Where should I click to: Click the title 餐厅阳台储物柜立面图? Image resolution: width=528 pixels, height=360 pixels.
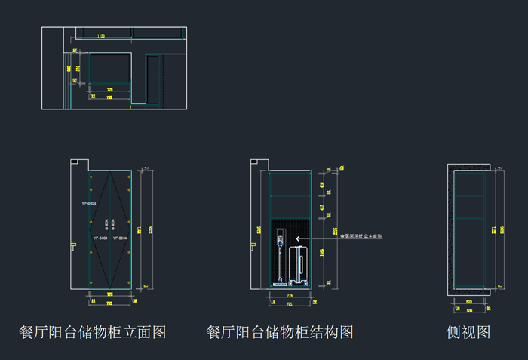point(92,332)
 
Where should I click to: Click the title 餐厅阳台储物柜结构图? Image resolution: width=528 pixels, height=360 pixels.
point(280,332)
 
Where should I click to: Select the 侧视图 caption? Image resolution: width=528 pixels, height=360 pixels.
point(468,332)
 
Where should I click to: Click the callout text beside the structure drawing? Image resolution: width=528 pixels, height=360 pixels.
point(361,237)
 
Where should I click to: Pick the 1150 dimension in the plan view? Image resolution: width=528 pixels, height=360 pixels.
point(101,35)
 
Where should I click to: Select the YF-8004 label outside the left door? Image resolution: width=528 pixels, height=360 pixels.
point(88,204)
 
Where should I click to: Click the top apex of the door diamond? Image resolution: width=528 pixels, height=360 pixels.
point(110,171)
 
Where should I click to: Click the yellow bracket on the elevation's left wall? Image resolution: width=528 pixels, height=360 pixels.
point(72,245)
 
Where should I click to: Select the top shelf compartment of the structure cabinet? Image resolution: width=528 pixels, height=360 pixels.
point(290,183)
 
